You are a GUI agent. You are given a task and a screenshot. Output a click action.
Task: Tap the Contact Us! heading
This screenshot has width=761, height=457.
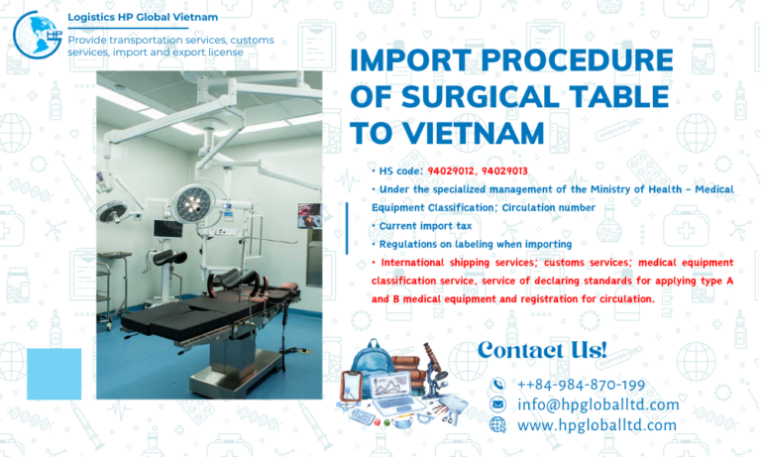(x=541, y=350)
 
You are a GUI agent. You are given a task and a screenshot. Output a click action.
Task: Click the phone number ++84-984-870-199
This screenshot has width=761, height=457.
(x=581, y=385)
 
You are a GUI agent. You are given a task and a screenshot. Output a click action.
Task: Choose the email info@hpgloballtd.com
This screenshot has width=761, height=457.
(x=598, y=404)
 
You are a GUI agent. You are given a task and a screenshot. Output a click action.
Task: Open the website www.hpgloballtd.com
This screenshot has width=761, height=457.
(x=597, y=425)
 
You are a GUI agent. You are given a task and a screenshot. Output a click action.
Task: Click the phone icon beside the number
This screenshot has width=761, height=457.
(x=497, y=385)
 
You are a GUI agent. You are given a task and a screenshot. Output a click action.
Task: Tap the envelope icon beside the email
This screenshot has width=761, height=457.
(x=497, y=404)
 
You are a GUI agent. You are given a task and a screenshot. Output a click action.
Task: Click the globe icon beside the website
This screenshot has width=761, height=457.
(x=497, y=425)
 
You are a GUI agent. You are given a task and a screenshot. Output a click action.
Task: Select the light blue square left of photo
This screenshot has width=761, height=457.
(x=54, y=374)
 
